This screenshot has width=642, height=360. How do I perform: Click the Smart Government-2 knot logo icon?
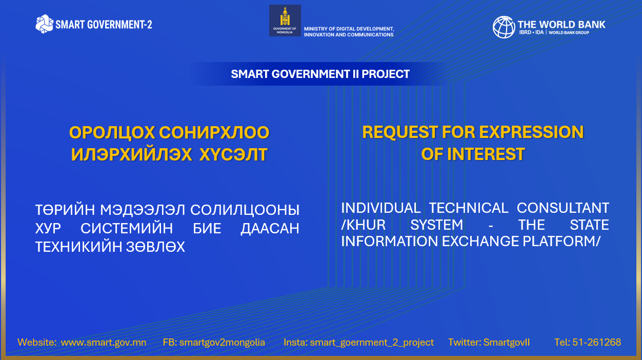[44, 24]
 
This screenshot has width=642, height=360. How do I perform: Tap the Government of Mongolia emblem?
[285, 21]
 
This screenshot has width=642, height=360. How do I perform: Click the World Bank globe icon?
[504, 27]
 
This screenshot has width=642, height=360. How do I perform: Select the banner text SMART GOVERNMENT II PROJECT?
[320, 74]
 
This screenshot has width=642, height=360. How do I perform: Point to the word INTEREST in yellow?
[486, 154]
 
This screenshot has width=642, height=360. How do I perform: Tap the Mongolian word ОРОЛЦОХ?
[112, 133]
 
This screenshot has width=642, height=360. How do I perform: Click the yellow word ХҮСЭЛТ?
[233, 155]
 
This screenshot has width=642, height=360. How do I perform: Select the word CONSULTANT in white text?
[563, 208]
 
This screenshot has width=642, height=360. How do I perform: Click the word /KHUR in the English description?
[363, 225]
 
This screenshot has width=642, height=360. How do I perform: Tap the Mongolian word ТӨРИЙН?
[65, 210]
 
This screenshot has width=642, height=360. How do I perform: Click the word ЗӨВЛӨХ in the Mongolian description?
[155, 247]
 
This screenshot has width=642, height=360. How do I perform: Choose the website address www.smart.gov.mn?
[104, 343]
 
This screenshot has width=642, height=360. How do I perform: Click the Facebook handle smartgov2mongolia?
[222, 343]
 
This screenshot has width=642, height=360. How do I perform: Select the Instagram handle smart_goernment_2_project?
[372, 343]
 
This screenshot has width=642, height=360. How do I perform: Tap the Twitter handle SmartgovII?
[507, 343]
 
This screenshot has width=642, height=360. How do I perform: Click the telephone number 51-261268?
[596, 342]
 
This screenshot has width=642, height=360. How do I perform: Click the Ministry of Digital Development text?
[349, 31]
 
